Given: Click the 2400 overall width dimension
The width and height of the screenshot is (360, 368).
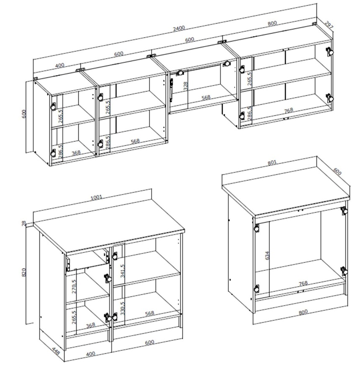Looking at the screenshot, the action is pos(179,28).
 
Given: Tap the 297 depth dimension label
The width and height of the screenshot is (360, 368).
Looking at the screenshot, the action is pos(329,25).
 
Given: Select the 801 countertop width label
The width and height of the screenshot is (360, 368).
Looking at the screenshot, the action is pos(272,162).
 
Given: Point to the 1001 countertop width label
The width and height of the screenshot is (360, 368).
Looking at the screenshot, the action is pos(96,197).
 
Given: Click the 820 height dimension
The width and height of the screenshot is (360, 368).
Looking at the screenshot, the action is pos(24,272).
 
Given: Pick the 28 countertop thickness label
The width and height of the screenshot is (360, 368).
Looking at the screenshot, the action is pos(24,223).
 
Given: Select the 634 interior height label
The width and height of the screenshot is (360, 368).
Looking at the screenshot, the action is pos(267,255).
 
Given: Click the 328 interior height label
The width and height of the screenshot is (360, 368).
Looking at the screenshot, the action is pos(185,86).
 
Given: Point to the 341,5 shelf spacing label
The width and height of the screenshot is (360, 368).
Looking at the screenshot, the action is pos(122,271).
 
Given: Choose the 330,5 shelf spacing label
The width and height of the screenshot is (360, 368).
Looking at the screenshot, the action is pos(122,308).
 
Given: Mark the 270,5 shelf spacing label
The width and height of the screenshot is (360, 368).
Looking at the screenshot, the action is pos(74,286).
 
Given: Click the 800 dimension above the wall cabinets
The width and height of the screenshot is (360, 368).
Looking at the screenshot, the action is pos(272,23).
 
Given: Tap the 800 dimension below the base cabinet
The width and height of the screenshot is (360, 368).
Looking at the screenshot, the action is pos(303,312).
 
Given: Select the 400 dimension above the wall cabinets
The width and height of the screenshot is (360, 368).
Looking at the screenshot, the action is pos(60,65).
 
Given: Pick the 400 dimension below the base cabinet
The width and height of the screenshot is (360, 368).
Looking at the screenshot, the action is pos(90,354).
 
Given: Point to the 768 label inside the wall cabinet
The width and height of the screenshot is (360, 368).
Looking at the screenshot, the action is pos(288,110).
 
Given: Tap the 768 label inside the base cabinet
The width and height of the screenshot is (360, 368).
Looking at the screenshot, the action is pos(303,283).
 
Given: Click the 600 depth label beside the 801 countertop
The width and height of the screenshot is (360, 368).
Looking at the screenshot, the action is pos(337,172).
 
